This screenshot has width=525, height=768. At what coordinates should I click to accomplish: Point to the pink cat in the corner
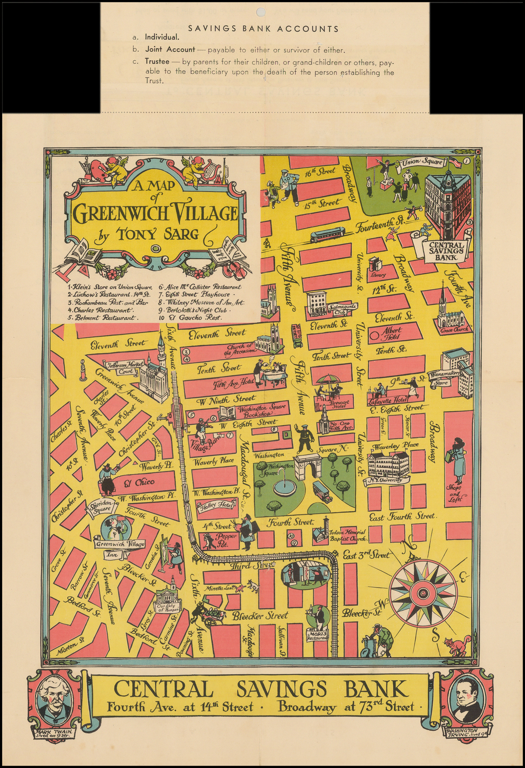457,645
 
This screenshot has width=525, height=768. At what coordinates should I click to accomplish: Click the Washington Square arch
307,466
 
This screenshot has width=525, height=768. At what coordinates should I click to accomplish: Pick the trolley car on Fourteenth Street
328,235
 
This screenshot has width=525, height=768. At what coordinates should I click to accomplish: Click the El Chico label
145,482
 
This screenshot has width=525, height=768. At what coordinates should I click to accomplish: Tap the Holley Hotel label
217,505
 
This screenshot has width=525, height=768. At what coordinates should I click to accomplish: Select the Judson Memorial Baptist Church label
348,535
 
